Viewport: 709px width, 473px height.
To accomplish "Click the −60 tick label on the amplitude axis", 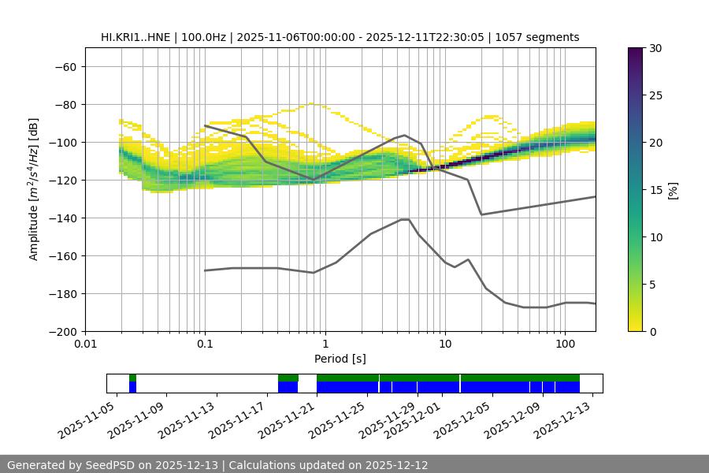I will coord(65,67).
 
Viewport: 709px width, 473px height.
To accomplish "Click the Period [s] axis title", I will coord(340,359).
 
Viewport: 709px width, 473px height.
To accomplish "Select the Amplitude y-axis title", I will coord(34,189).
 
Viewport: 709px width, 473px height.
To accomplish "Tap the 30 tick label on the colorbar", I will coord(655,49).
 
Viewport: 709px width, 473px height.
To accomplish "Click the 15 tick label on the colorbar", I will coord(655,190).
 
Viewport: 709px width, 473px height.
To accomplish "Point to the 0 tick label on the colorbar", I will coord(651,332).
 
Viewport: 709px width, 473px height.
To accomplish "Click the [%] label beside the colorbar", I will coord(673,189).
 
